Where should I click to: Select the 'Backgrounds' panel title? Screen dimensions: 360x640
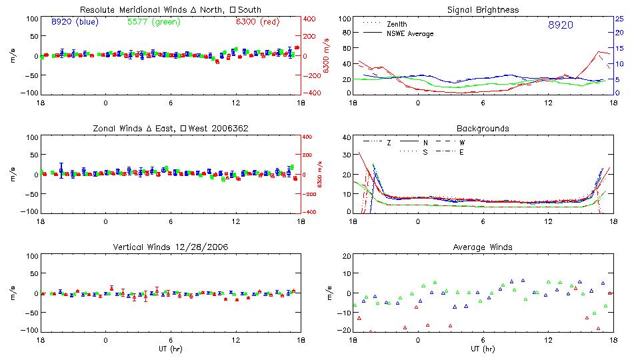point(483,129)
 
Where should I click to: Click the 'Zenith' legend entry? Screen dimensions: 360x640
point(397,24)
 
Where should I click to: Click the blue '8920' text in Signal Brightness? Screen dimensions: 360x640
point(561,25)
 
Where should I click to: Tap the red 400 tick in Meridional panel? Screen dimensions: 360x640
point(311,19)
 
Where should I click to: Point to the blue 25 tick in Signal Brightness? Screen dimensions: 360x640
point(619,19)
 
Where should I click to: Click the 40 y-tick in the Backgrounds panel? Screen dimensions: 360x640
point(347,138)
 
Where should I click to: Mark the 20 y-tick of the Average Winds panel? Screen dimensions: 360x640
point(347,257)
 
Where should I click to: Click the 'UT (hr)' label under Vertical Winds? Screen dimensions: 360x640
point(171,349)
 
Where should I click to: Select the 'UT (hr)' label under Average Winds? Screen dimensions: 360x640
point(483,349)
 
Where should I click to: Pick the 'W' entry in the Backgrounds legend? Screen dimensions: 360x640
point(462,143)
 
